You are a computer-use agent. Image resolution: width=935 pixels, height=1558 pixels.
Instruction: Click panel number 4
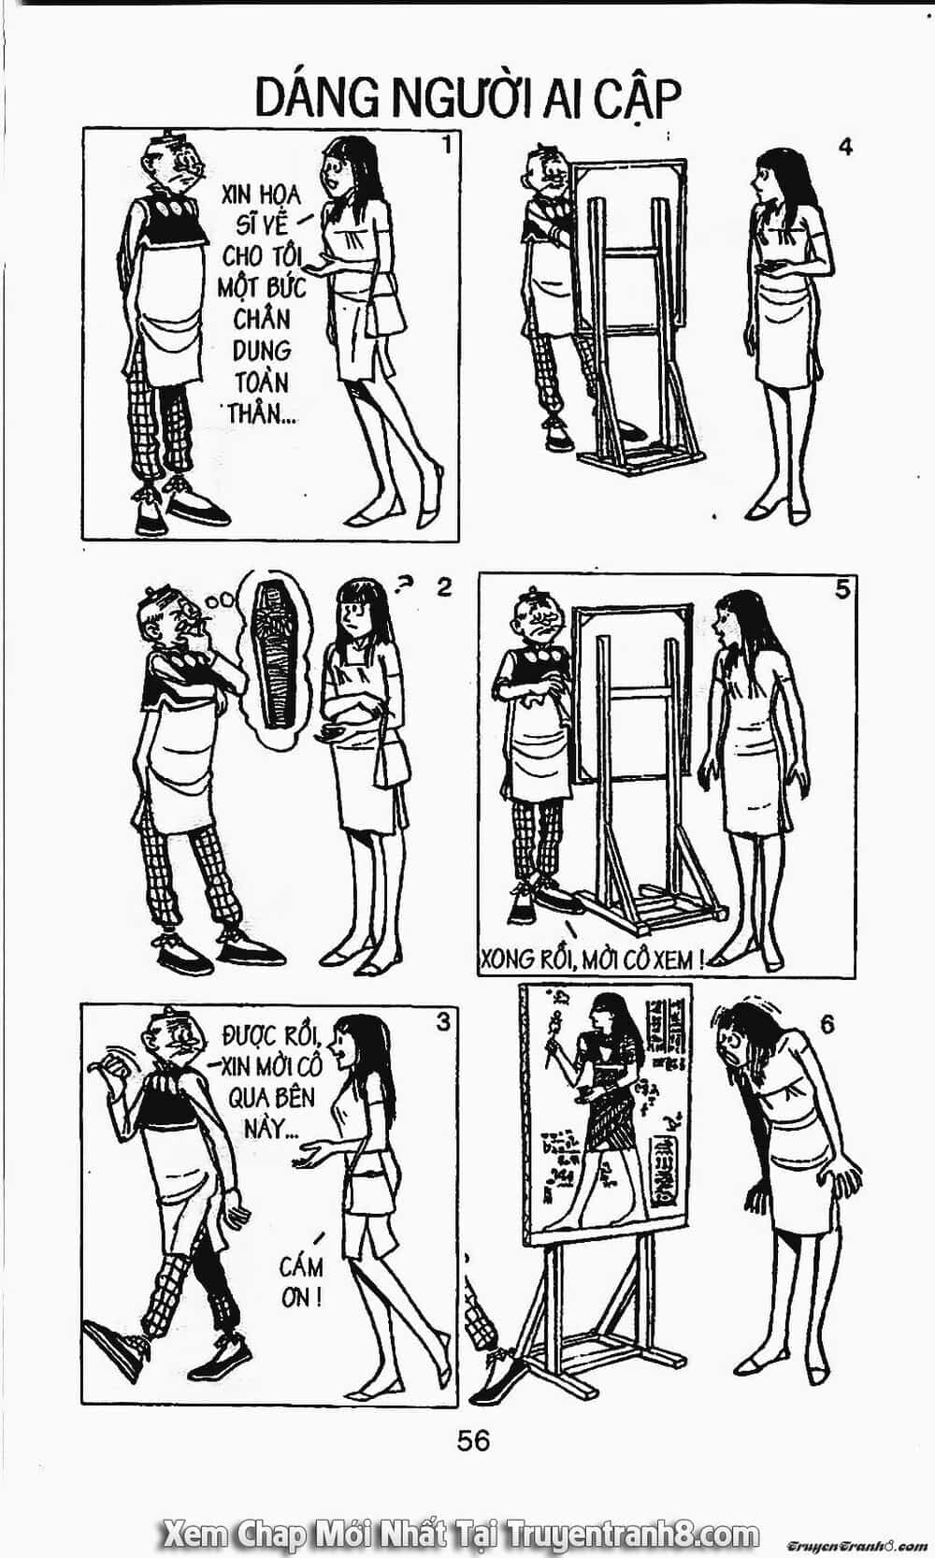click(845, 148)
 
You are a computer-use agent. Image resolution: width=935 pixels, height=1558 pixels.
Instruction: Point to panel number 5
click(842, 590)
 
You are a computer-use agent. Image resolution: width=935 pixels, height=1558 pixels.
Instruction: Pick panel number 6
click(827, 1025)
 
